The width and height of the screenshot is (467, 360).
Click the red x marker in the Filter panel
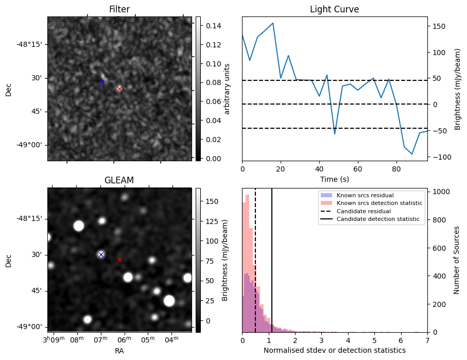(119, 89)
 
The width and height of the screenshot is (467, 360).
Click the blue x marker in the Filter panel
(102, 82)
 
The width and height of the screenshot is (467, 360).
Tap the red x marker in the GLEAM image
(119, 260)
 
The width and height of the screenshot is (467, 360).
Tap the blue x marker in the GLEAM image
(101, 254)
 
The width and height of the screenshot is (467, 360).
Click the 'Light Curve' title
(334, 9)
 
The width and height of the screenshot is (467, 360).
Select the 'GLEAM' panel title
(119, 180)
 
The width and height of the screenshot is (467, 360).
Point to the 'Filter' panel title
(119, 9)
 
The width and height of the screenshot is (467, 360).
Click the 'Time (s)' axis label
(334, 179)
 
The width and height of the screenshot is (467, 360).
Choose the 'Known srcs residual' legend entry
(365, 195)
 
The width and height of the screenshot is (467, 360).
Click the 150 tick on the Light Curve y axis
(436, 26)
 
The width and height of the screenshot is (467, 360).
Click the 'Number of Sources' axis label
(457, 260)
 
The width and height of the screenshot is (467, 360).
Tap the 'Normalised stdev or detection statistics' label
(334, 350)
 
